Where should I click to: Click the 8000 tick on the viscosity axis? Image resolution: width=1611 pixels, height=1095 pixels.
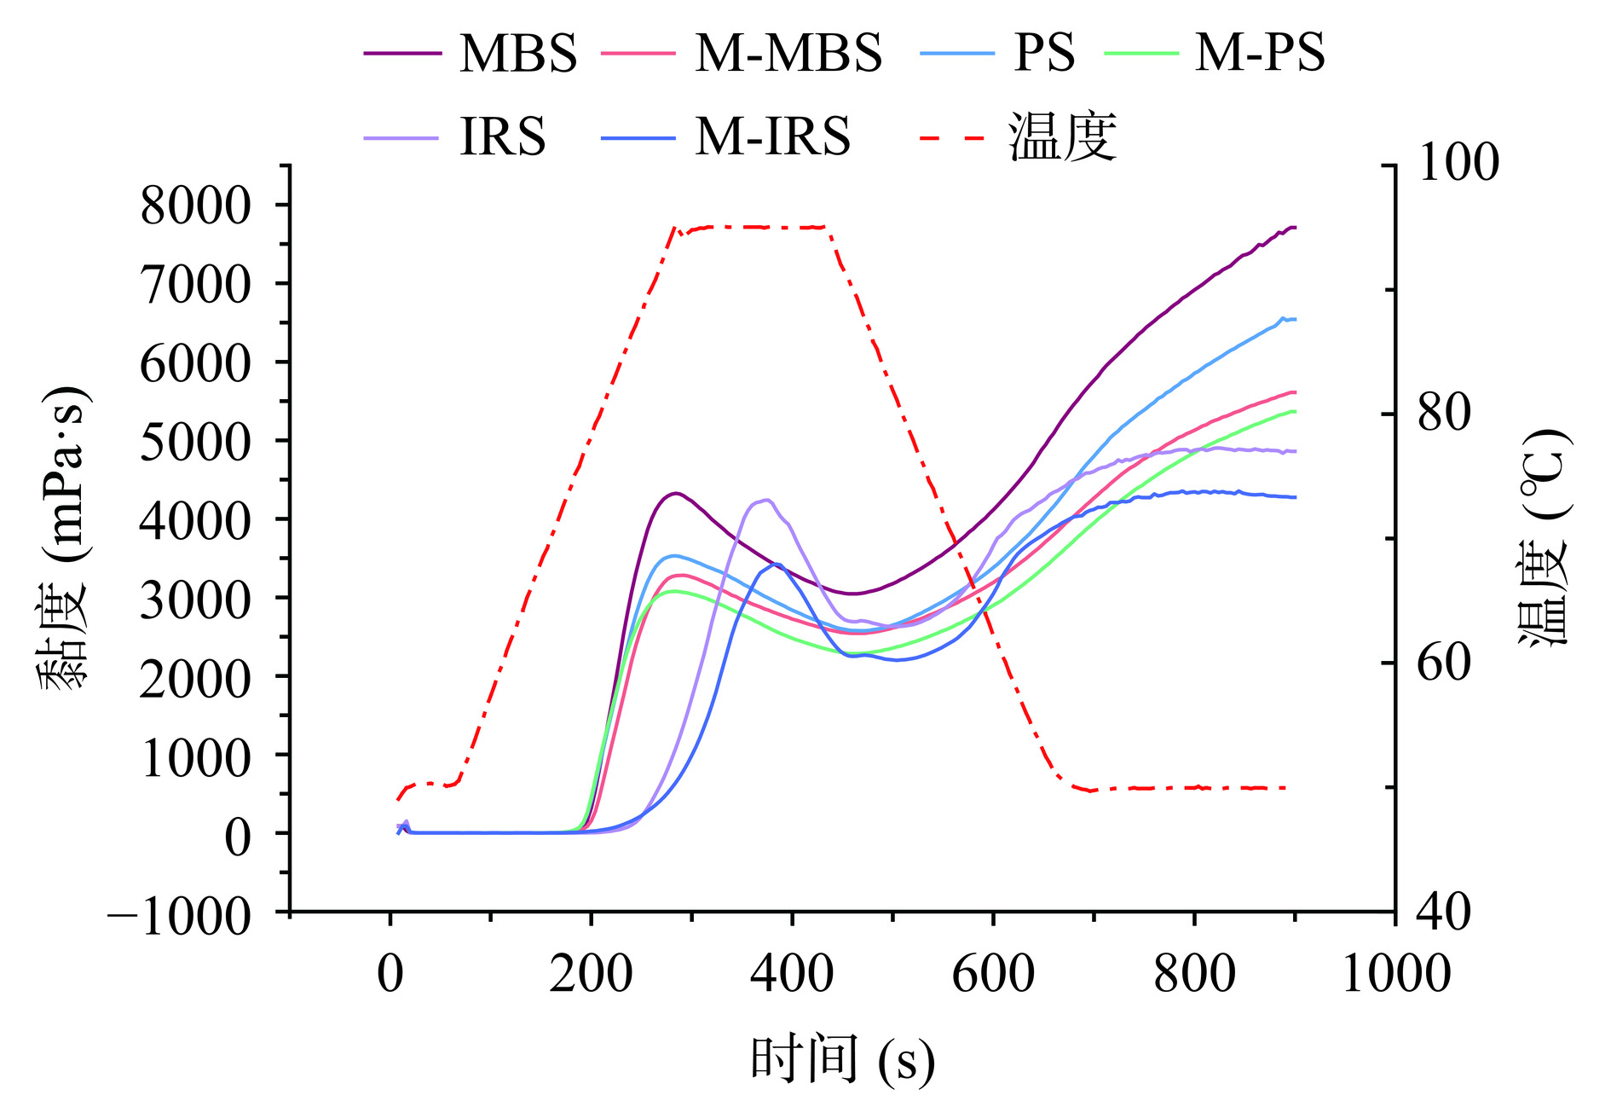click(x=196, y=205)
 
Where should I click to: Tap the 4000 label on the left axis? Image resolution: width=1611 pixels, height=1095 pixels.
click(x=196, y=519)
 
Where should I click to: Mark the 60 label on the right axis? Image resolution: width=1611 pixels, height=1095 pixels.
click(x=1444, y=663)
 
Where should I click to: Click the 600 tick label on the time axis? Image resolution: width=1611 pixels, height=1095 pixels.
click(x=993, y=973)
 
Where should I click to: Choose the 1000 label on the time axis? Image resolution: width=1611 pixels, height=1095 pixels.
click(x=1395, y=973)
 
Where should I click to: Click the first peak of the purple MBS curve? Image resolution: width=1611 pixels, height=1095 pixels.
click(x=675, y=493)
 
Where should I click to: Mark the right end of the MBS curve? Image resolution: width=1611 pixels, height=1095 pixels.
click(x=1295, y=228)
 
